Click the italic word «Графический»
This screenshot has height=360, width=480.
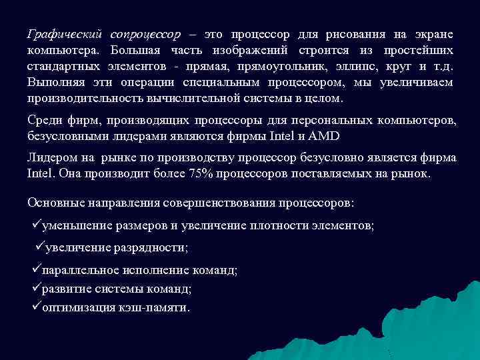(64, 34)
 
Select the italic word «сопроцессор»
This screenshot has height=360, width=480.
(146, 34)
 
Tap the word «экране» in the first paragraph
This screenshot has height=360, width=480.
(433, 34)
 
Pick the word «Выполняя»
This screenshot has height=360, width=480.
(51, 83)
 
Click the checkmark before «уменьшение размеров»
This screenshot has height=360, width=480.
(37, 225)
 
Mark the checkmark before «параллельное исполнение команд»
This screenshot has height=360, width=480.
(36, 269)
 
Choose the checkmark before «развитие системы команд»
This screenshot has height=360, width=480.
(36, 288)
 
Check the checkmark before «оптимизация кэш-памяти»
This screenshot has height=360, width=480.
(36, 307)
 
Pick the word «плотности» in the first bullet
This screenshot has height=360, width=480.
(273, 225)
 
